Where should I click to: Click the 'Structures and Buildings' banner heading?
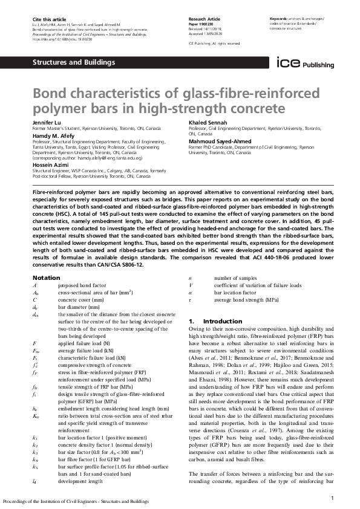coord(73,63)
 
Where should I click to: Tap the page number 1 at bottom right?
coord(333,497)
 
